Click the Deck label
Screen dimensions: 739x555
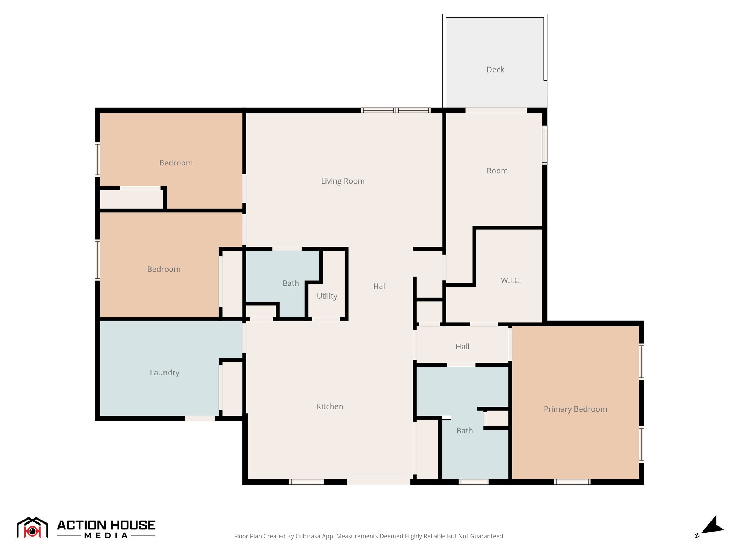point(495,70)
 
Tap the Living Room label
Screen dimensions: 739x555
point(343,181)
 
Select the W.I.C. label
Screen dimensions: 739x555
point(511,280)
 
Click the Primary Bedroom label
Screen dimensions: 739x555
point(575,409)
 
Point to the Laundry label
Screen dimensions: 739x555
point(165,373)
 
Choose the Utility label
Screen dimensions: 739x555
point(327,296)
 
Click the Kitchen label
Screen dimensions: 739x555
point(330,406)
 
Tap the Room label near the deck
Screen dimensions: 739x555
point(497,171)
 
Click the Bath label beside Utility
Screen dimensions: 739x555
point(291,283)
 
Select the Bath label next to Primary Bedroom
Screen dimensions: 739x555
point(464,431)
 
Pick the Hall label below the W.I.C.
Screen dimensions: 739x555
point(463,347)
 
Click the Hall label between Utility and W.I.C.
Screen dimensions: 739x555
point(380,286)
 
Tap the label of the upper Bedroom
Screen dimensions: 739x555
point(176,163)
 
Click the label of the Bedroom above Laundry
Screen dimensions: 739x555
point(164,269)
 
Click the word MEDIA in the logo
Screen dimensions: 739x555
point(106,535)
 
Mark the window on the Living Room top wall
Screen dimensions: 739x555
point(396,110)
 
